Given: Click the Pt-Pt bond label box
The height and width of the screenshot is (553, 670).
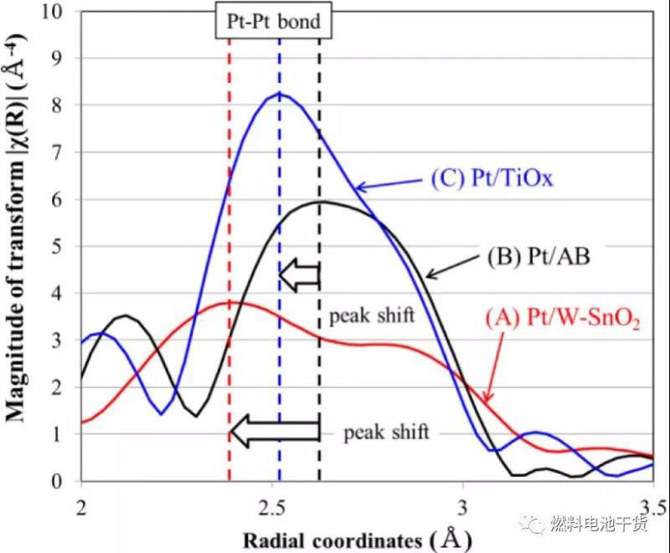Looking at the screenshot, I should [271, 21].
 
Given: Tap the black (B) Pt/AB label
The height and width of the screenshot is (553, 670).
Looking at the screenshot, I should [540, 256].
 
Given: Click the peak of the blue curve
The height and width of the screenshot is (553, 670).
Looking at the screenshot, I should [279, 94].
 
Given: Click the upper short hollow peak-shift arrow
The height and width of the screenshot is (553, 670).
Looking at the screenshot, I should [299, 274].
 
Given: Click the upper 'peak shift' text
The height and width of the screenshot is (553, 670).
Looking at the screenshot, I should [369, 318].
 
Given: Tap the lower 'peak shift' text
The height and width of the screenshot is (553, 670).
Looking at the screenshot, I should [386, 432].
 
